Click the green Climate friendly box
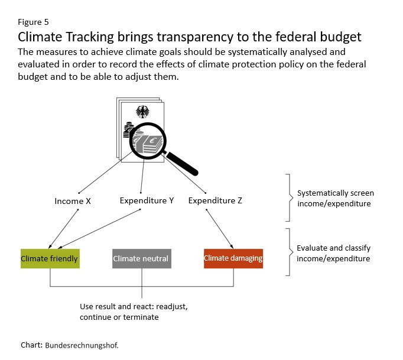(x=50, y=258)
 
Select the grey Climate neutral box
(x=142, y=258)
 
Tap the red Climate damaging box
(x=233, y=258)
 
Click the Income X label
(x=73, y=201)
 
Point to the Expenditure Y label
(x=147, y=200)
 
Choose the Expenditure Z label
(x=215, y=200)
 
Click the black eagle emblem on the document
(x=142, y=112)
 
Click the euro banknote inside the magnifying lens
(x=153, y=144)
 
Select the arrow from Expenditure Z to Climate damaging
(x=220, y=229)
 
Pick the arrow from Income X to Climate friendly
(x=63, y=229)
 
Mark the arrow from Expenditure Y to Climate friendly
(x=99, y=229)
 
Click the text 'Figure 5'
(x=33, y=22)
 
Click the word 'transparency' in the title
(x=195, y=37)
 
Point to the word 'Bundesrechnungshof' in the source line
(x=81, y=345)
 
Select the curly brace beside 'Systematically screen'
(x=290, y=198)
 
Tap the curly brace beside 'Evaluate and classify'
(x=290, y=252)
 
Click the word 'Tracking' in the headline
(x=90, y=37)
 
